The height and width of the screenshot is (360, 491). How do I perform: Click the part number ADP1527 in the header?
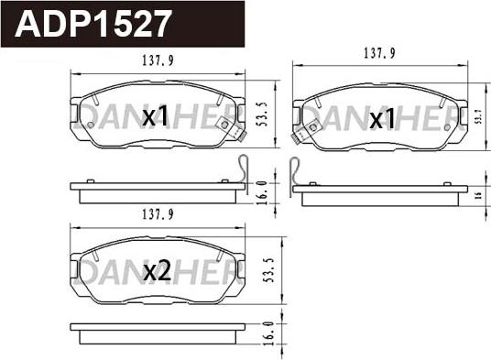click(93, 22)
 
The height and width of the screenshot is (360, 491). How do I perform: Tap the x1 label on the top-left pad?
click(157, 115)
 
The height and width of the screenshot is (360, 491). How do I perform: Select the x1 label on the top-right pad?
click(381, 119)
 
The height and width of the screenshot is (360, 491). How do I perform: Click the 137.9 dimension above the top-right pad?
click(377, 53)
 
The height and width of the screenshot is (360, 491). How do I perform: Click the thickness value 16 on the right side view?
click(478, 196)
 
